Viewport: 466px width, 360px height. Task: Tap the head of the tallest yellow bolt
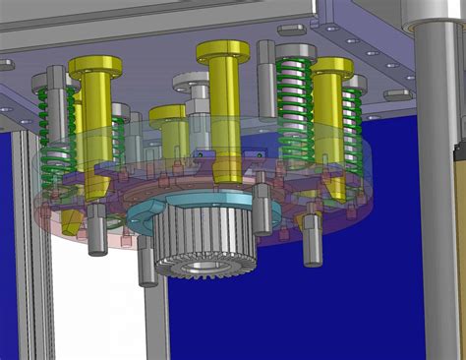pyautogui.click(x=222, y=49)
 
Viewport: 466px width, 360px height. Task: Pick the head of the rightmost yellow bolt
pyautogui.click(x=332, y=67)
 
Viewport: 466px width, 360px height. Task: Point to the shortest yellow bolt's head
pyautogui.click(x=169, y=112)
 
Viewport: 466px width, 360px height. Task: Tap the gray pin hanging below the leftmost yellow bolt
pyautogui.click(x=97, y=228)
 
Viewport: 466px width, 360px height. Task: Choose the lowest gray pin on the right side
pyautogui.click(x=313, y=240)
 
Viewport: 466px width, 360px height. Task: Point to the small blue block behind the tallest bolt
pyautogui.click(x=204, y=153)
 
